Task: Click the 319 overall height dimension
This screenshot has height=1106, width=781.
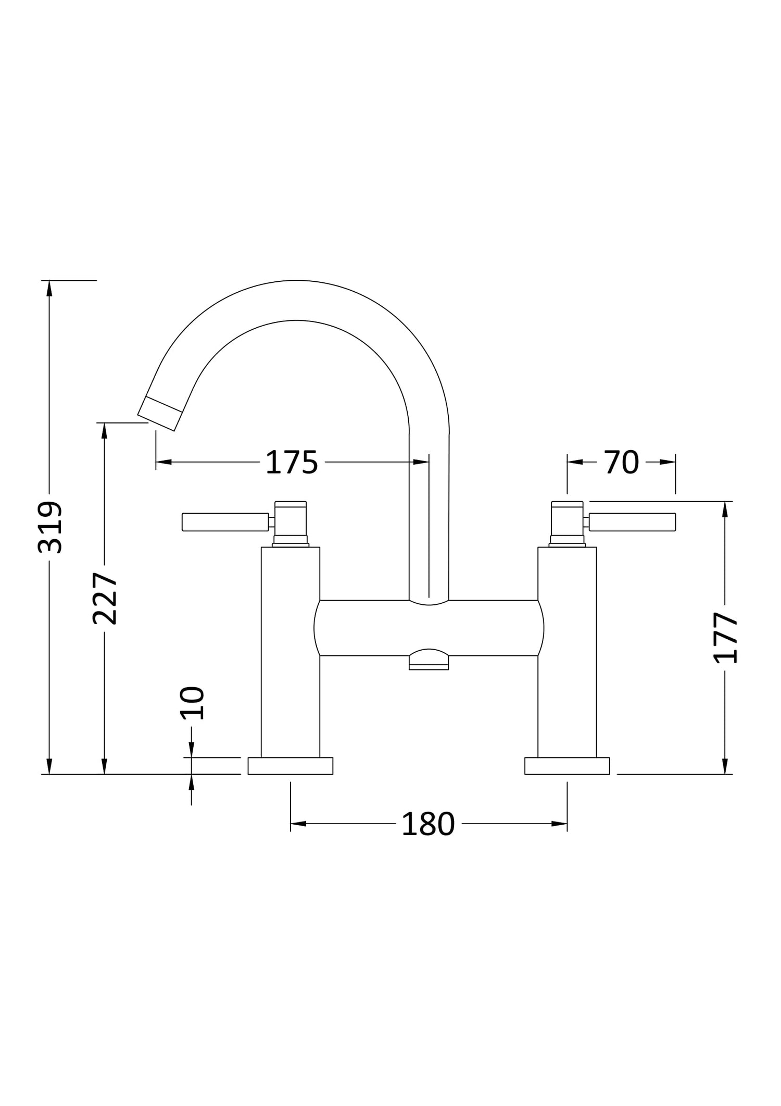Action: (x=51, y=527)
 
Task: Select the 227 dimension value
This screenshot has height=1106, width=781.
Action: (x=105, y=599)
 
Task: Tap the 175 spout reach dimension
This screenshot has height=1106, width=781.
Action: (x=292, y=462)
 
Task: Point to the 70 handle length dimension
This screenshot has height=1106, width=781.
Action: (x=622, y=462)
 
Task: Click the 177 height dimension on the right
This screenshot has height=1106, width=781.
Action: (x=725, y=637)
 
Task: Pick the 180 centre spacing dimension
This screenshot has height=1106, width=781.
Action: (x=429, y=824)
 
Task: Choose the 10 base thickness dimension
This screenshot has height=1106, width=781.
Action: (x=192, y=703)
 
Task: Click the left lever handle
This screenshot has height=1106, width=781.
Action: (x=225, y=522)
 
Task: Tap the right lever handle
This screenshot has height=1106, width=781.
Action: (x=633, y=522)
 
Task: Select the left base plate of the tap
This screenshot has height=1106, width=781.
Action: (x=291, y=766)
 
